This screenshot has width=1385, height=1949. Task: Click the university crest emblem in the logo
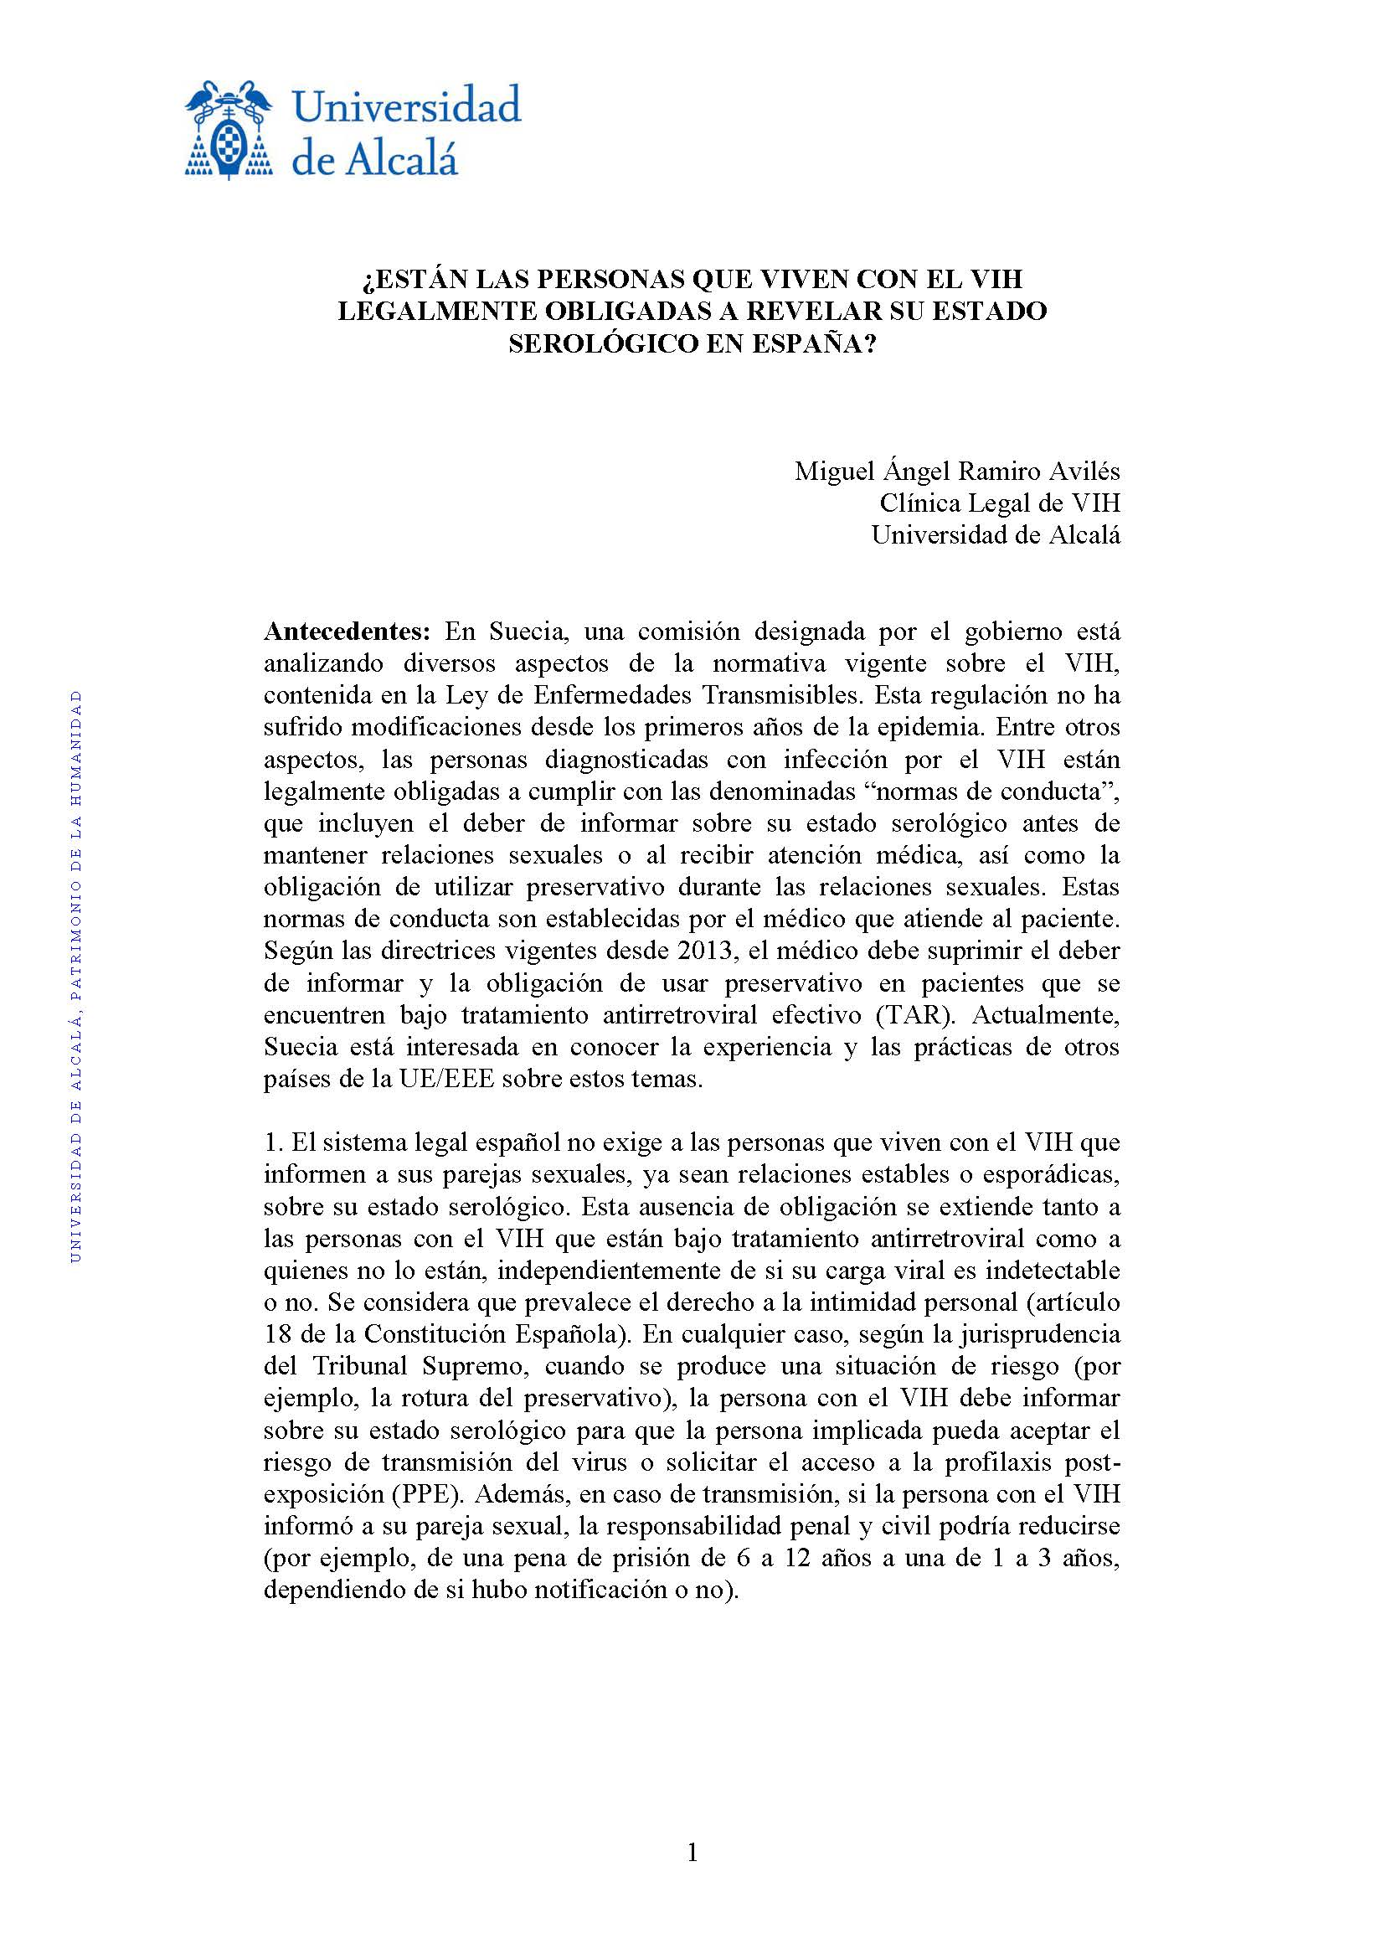[x=229, y=129]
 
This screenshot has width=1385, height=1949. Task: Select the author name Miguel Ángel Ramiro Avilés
[x=957, y=471]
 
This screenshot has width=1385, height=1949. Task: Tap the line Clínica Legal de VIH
[x=1000, y=503]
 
